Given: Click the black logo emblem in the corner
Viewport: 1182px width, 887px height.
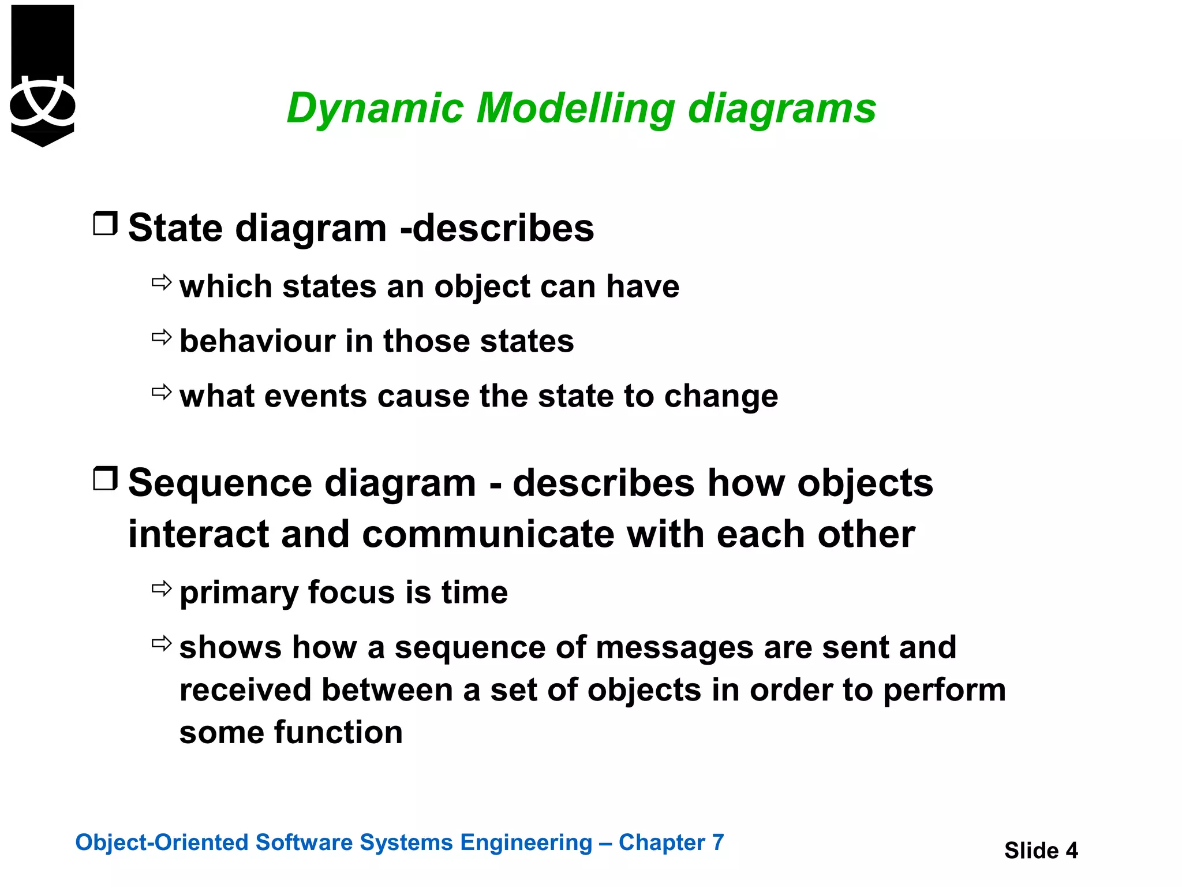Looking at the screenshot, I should click(43, 75).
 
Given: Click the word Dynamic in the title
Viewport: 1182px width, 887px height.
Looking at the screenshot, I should click(375, 109).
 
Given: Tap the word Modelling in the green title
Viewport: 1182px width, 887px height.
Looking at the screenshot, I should click(575, 109).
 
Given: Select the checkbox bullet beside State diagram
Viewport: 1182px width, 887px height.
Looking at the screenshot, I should click(105, 223).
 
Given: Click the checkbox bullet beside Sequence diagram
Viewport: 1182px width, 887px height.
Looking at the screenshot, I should click(105, 478).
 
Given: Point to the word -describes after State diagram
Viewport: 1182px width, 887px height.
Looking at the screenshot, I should click(497, 228).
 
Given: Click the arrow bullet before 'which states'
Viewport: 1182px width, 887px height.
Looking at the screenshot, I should click(162, 282).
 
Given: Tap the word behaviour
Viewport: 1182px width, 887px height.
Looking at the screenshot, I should click(257, 341).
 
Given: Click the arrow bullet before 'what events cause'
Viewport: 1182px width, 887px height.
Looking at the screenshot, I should click(162, 392).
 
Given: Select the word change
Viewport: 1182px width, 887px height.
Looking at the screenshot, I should click(721, 397).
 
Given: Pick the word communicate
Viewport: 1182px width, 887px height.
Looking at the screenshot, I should click(489, 534).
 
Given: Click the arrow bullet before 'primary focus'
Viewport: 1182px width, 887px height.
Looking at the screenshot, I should click(162, 588).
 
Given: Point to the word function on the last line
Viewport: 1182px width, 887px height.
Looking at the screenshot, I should click(338, 732).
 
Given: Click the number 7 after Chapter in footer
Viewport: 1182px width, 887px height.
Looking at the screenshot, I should click(717, 843).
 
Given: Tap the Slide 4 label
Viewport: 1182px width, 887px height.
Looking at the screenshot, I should click(1041, 851).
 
